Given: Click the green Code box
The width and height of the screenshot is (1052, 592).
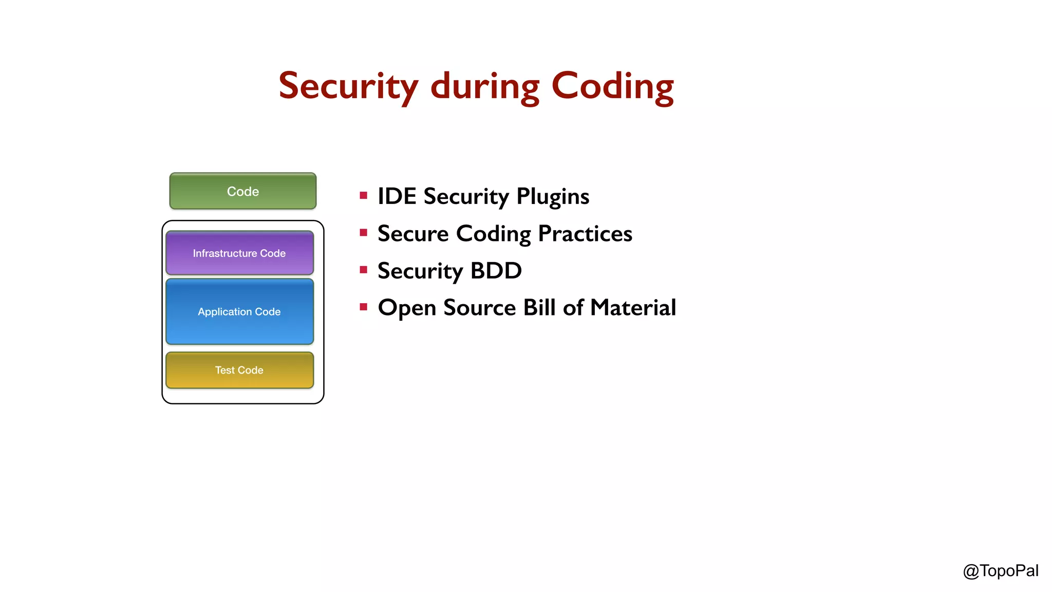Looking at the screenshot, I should pos(242,191).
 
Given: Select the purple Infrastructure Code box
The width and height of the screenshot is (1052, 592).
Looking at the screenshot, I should pos(239,253).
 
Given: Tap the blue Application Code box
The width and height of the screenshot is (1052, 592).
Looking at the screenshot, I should pos(239,311).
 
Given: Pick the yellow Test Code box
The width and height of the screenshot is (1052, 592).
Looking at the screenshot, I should pos(239,370).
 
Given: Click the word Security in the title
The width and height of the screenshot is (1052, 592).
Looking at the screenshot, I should pos(348,86).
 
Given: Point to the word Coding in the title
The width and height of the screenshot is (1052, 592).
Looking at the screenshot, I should pos(612,86).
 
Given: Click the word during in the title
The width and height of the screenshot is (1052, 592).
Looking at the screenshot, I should pos(485,86).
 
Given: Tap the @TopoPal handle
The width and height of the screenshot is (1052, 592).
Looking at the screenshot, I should pos(1000,571).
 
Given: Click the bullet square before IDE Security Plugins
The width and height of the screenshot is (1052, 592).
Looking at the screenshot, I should pos(364,195).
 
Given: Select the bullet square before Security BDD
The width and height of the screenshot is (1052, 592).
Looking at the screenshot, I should pos(364,270).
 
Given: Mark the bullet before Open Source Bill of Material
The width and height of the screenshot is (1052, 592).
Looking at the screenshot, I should pos(364,307).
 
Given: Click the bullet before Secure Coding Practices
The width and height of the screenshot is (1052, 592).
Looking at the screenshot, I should pos(364,233).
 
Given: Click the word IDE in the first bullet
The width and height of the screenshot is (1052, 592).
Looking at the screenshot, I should pos(397,196).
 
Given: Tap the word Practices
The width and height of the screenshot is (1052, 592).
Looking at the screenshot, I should pos(585,234).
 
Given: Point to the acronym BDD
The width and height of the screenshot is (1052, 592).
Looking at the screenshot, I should pos(496,271).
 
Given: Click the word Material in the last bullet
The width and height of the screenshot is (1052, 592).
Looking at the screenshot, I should pos(633,308).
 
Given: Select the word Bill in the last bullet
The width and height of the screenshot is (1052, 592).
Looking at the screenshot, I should pos(539,308).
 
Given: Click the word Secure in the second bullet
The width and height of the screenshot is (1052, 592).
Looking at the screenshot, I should pos(413,234).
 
